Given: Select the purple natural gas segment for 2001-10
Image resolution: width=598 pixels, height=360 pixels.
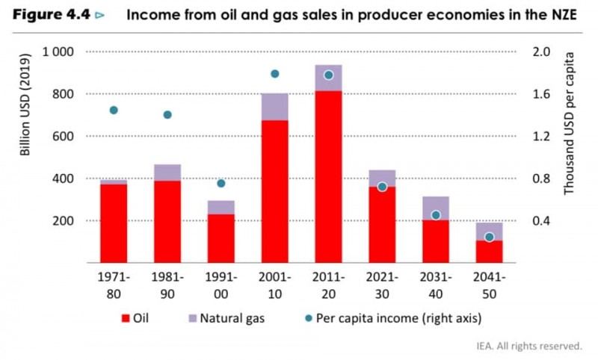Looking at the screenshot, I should click(x=274, y=107).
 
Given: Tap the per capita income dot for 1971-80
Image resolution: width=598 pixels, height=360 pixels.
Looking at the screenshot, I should click(x=114, y=110).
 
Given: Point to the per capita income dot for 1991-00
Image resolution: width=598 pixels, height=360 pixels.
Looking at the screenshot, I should click(x=221, y=183).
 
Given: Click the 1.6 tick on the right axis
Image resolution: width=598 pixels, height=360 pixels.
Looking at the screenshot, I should click(x=542, y=94).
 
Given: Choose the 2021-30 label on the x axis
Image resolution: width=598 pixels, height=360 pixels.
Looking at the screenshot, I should click(x=382, y=284).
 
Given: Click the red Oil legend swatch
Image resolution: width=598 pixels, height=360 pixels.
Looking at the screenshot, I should click(x=126, y=318).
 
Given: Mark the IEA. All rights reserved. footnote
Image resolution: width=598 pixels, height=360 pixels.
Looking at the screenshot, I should click(x=528, y=346).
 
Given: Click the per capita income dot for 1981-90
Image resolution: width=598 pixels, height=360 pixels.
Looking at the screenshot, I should click(x=167, y=114).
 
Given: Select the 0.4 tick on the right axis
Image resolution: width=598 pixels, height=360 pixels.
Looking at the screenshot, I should click(x=542, y=221).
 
